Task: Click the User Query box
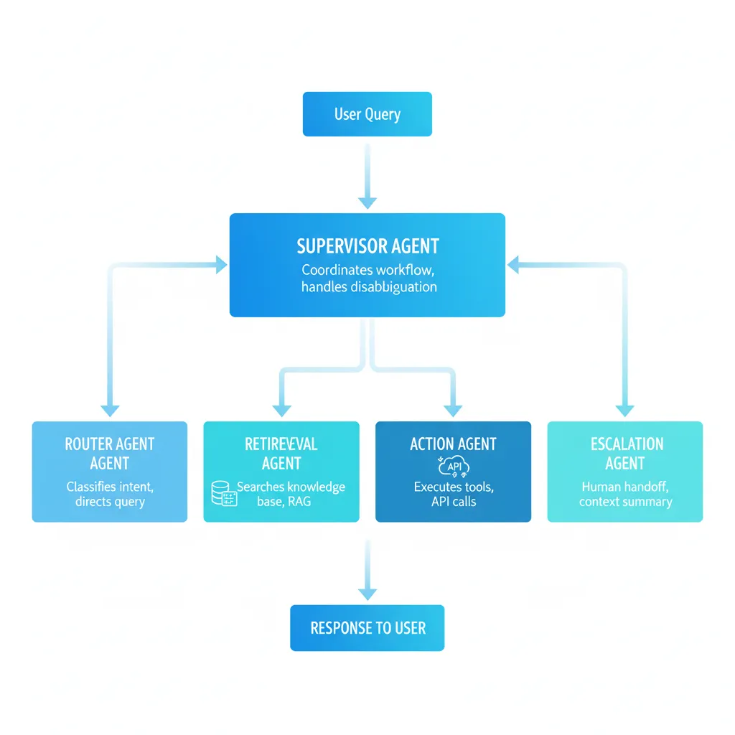pos(367,114)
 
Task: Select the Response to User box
pos(367,628)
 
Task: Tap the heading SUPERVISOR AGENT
pos(367,246)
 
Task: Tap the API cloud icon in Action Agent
pos(453,465)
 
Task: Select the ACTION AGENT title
pos(453,444)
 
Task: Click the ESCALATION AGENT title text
pos(624,453)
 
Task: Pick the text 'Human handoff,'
pos(624,487)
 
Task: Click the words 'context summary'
pos(624,502)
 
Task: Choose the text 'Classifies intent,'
pos(110,487)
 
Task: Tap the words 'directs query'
pos(110,502)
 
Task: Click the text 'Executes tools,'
pos(453,487)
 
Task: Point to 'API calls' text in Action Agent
pos(453,502)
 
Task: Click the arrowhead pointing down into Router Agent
pos(110,411)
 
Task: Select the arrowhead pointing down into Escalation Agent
pos(624,411)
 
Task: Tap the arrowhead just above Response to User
pos(367,594)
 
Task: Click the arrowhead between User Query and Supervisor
pos(367,202)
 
